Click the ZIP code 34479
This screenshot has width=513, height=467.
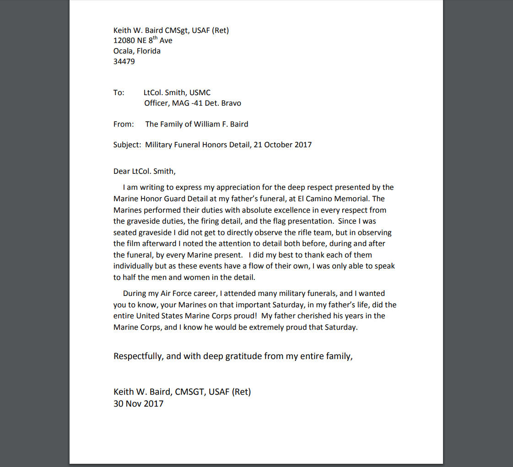click(x=124, y=61)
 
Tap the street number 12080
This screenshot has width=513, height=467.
click(x=124, y=41)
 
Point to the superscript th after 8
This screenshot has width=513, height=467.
click(x=155, y=38)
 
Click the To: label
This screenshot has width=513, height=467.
click(x=119, y=92)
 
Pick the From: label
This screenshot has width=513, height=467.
click(x=124, y=124)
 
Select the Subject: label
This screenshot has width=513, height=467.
click(x=127, y=145)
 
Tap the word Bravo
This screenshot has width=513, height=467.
click(x=230, y=103)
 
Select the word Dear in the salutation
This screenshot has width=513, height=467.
click(x=122, y=172)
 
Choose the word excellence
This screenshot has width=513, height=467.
click(x=264, y=210)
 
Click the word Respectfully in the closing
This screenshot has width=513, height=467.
click(x=138, y=356)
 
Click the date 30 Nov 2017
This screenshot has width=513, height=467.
click(x=138, y=403)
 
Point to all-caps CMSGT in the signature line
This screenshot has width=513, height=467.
click(x=190, y=392)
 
